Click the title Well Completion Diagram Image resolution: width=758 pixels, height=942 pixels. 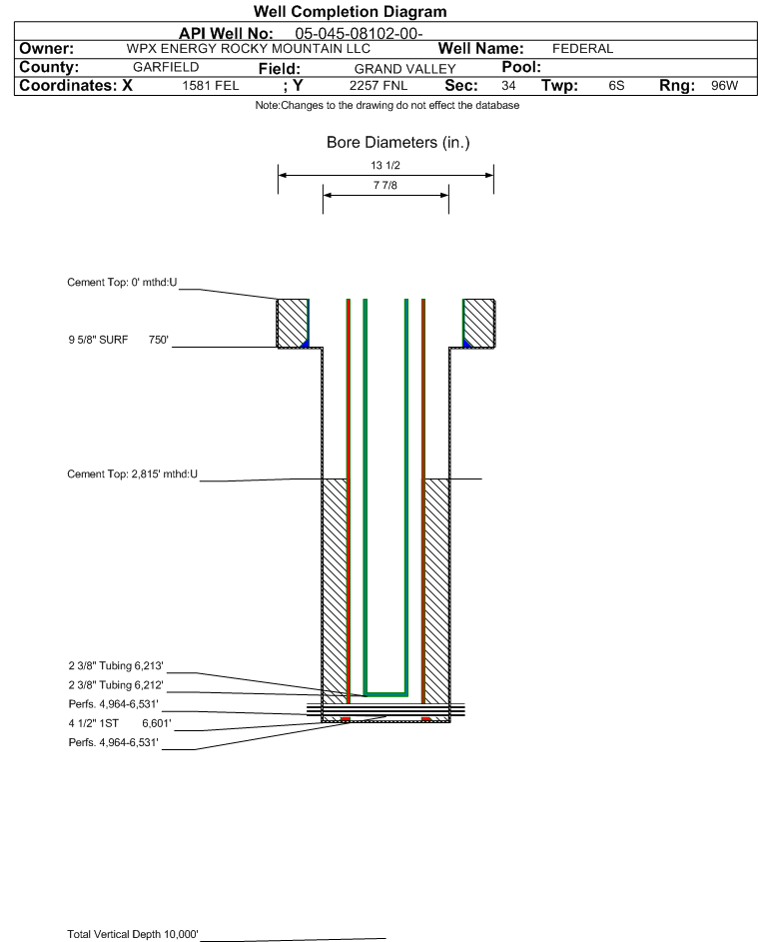[351, 11]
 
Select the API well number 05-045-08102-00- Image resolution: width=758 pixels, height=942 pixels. [359, 34]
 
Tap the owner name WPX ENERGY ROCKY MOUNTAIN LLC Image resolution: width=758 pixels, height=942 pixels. [248, 49]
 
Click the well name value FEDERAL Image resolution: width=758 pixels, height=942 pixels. [582, 49]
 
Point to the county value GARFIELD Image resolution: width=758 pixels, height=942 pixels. [166, 67]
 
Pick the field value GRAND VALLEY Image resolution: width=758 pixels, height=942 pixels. [404, 69]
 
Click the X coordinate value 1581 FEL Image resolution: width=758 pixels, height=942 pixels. [210, 85]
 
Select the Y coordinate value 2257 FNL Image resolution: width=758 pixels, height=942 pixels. [379, 85]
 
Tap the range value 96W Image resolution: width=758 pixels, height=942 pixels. [724, 85]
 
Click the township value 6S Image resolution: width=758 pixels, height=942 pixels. [616, 85]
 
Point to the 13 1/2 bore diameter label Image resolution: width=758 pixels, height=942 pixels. [385, 165]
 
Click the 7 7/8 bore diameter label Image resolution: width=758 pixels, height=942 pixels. [385, 185]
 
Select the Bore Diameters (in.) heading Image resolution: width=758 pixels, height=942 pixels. [398, 143]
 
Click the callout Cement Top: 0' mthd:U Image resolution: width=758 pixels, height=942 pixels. [122, 283]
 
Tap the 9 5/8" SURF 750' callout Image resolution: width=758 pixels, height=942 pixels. [118, 340]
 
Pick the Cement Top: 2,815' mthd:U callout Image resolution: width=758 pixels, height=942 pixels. [132, 474]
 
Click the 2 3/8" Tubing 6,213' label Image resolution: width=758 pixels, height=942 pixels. [116, 665]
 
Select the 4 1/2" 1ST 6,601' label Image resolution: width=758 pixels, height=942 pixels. [120, 723]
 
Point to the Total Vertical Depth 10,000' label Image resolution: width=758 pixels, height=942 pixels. [133, 934]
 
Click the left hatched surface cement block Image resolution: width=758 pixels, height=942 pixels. [292, 324]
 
